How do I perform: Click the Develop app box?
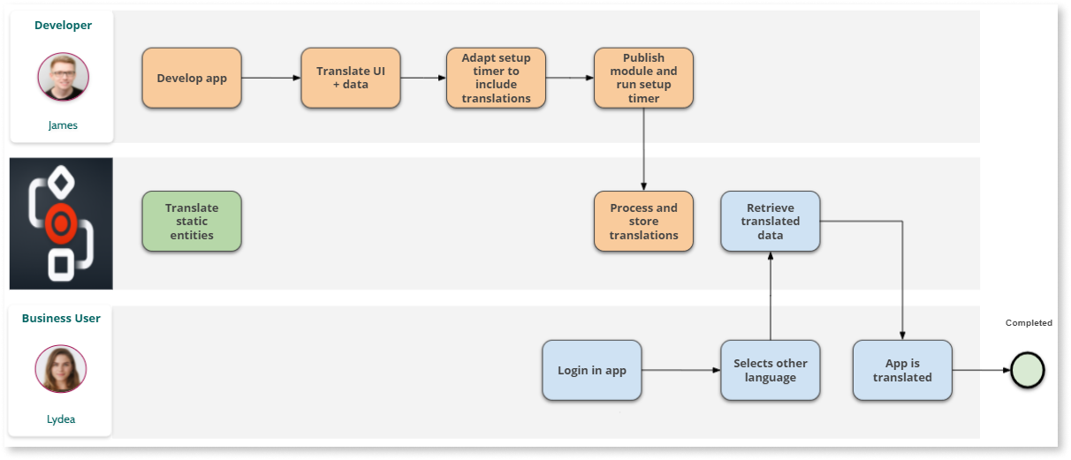[x=192, y=79]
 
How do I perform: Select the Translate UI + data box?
[x=351, y=79]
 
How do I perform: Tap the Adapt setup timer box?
[x=496, y=79]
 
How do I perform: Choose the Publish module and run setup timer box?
[x=643, y=79]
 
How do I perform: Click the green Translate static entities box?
[x=192, y=222]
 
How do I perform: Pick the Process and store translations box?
[x=643, y=222]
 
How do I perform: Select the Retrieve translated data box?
[x=771, y=222]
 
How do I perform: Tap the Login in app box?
[x=591, y=371]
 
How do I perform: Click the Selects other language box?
[x=771, y=371]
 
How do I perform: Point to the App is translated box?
[x=902, y=371]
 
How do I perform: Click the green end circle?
[x=1028, y=371]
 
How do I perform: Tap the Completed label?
[x=1029, y=323]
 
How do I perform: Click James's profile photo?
[x=63, y=78]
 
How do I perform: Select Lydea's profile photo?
[x=61, y=369]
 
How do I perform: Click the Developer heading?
[x=63, y=26]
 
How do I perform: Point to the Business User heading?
[x=61, y=318]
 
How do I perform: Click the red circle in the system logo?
[x=60, y=224]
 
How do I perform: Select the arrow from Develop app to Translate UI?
[x=271, y=79]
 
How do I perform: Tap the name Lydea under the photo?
[x=61, y=419]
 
